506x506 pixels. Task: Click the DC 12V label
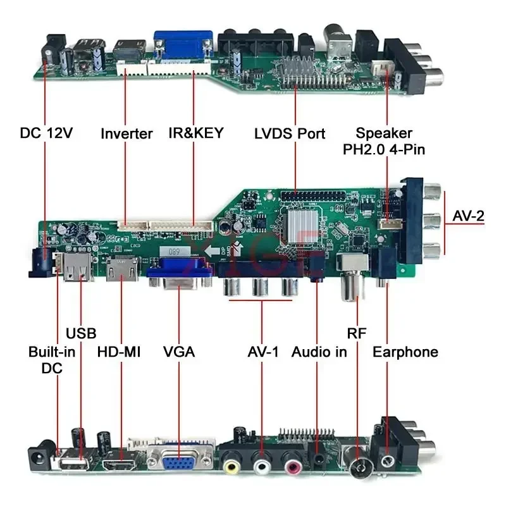click(x=46, y=133)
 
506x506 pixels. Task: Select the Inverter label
click(x=126, y=133)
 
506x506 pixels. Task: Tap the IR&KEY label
click(x=196, y=133)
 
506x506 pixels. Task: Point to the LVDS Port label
click(x=290, y=133)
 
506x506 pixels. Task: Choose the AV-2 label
click(x=469, y=216)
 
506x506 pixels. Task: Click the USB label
click(x=81, y=333)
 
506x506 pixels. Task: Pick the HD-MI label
click(x=118, y=352)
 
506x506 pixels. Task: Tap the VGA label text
click(x=178, y=352)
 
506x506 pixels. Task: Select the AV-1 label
click(x=262, y=352)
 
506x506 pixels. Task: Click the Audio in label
click(x=319, y=352)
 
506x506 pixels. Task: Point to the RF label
click(x=356, y=333)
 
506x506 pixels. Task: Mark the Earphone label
click(x=405, y=352)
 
